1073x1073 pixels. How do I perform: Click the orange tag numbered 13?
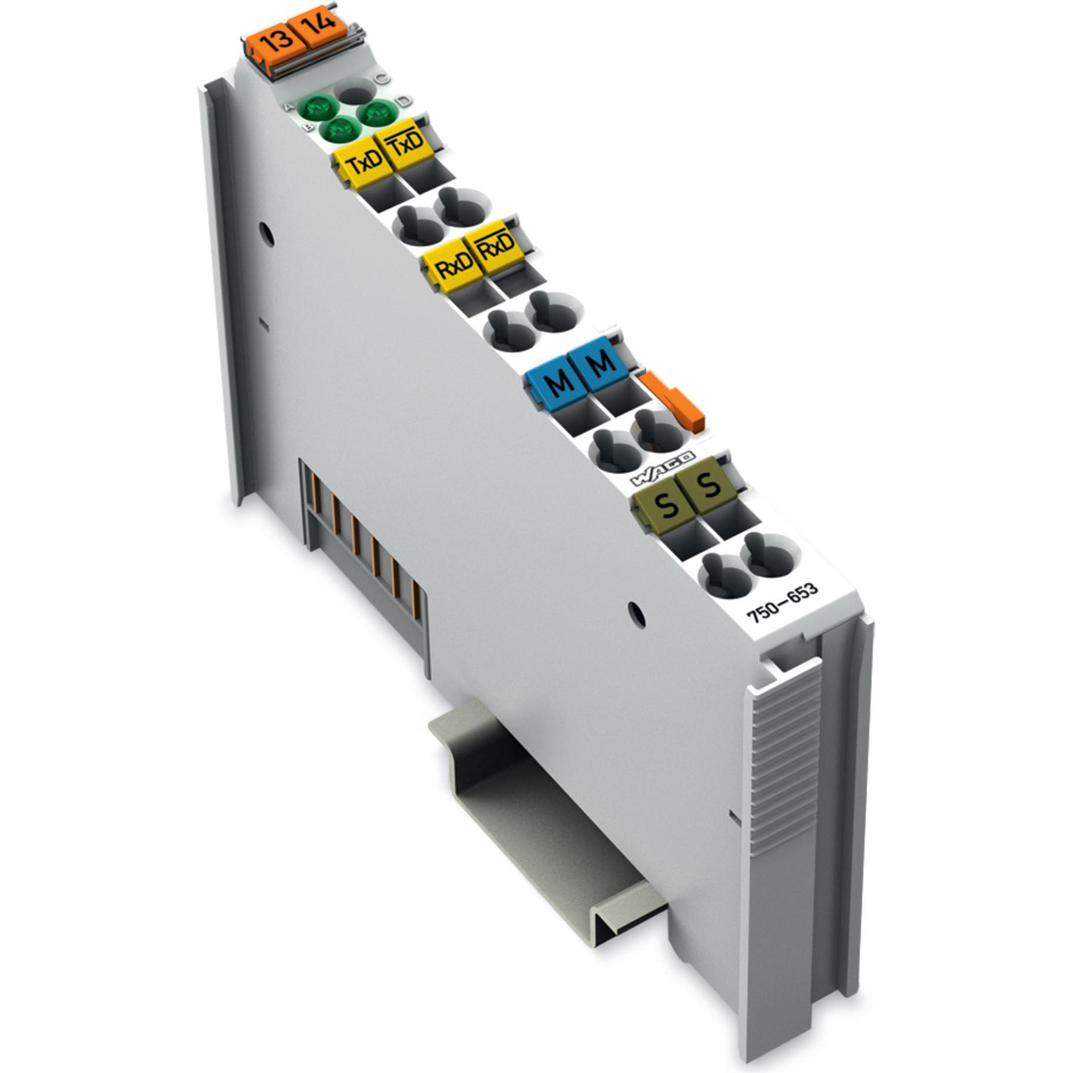click(x=277, y=40)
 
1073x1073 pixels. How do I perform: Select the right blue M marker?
click(x=601, y=362)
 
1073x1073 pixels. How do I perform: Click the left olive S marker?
click(x=666, y=504)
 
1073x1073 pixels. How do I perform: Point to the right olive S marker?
click(x=708, y=484)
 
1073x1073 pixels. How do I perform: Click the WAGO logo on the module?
click(x=663, y=468)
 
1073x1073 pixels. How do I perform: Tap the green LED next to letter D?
click(x=378, y=112)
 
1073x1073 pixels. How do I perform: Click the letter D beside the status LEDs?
click(x=405, y=100)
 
